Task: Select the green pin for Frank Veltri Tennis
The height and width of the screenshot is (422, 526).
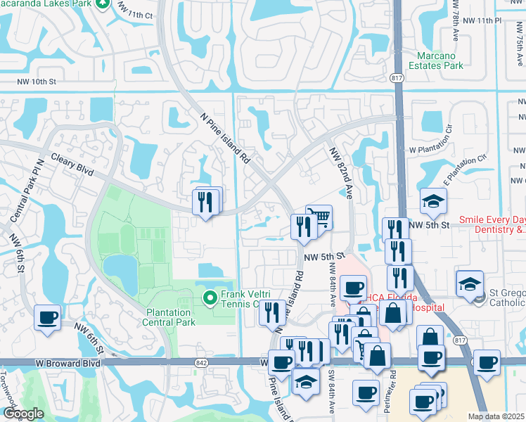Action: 209,299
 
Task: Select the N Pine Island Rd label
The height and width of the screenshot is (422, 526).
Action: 225,139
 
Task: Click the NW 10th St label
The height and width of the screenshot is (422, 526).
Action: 36,82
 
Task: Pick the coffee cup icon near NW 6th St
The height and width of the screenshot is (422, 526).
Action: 47,316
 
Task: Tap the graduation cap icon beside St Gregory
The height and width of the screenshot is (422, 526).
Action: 469,283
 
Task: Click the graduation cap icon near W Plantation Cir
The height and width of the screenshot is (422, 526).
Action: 433,200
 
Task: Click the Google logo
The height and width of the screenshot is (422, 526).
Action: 23,414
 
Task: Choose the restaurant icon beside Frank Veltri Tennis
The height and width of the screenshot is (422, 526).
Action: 272,312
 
